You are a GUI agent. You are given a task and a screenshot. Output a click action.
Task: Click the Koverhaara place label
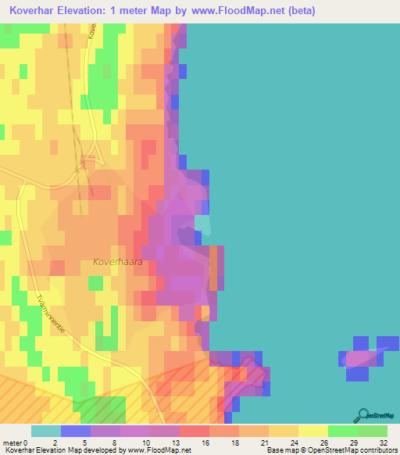tap(118, 263)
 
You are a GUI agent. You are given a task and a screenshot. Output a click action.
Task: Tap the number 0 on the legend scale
tap(28, 442)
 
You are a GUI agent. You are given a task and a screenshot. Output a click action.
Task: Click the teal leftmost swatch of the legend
tap(45, 431)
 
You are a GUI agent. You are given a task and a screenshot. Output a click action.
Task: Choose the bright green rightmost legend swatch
tap(372, 431)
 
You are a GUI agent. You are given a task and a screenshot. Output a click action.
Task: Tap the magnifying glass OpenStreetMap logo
tap(362, 416)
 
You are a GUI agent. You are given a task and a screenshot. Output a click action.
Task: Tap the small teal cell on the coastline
tap(202, 225)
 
